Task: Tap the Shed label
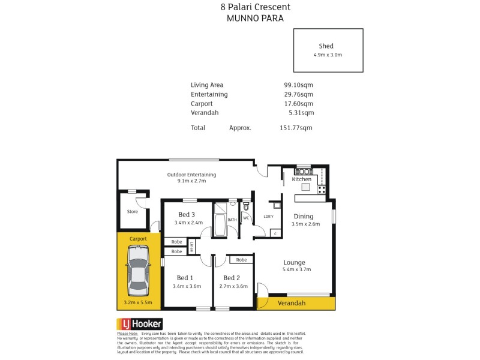tap(326, 46)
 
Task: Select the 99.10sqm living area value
tap(298, 85)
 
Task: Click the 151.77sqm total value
tap(296, 128)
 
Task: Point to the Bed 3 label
tap(187, 215)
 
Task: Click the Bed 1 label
tap(185, 278)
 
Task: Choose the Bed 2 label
tap(232, 278)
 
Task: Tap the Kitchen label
tap(302, 179)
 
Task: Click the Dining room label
tap(304, 217)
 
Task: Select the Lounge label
tap(295, 262)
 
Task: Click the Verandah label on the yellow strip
tap(292, 304)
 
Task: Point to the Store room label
tap(132, 212)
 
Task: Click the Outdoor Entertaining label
tap(191, 175)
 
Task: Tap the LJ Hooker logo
tap(139, 323)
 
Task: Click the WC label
tap(246, 218)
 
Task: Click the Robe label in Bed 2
tap(241, 260)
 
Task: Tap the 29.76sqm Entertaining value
tap(298, 94)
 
